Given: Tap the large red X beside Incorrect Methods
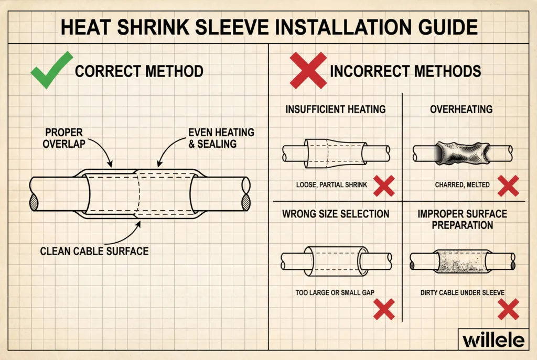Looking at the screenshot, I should pos(307,71).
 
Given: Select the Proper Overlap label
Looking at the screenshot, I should pos(64,138).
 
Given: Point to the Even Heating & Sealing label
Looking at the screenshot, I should pos(221,138).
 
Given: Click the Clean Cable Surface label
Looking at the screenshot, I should pos(94,251).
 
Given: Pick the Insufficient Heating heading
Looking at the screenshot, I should pos(336,110).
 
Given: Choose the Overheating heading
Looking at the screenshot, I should pos(461,110).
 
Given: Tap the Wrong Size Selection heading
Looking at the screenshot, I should pos(336,214).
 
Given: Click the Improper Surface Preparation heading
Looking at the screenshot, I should pos(463,219).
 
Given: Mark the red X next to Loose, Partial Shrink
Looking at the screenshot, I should pos(383,186).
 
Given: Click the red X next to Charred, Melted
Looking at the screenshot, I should pos(508,186).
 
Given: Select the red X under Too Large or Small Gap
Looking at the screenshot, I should pos(383,309).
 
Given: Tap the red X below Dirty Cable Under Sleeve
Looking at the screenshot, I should pos(508,309).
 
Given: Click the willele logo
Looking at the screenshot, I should pos(493,340).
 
